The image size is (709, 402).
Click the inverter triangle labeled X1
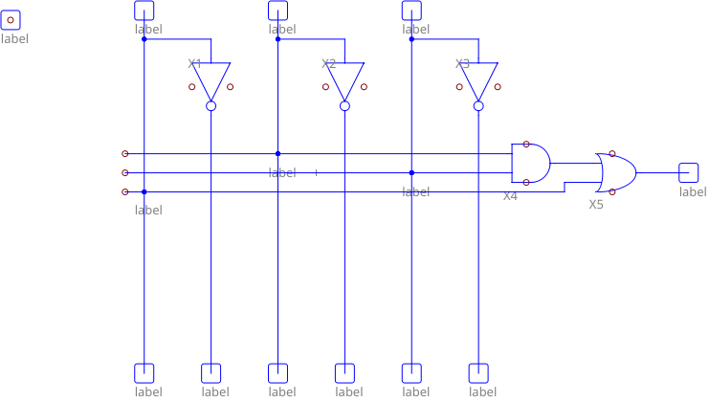tap(210, 79)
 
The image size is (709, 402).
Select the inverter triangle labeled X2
tap(344, 79)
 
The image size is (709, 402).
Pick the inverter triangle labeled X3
tap(478, 79)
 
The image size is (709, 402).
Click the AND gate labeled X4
tap(530, 163)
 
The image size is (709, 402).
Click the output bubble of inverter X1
tap(210, 105)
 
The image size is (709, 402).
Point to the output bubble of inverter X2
tap(344, 105)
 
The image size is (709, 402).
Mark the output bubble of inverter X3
tap(478, 105)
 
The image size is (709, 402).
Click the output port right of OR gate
tap(688, 172)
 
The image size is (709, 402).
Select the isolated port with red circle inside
tap(11, 19)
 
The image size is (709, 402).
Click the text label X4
tap(511, 195)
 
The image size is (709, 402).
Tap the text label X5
tap(596, 204)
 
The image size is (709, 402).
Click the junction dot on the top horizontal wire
tap(277, 153)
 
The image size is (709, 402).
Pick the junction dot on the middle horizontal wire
tap(411, 172)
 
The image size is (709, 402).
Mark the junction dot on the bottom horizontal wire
tap(144, 191)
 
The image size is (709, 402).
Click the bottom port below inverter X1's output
tap(210, 372)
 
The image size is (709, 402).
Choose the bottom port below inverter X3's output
tap(478, 372)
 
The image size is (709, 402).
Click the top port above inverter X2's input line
tap(277, 10)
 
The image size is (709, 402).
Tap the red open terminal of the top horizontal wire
tap(124, 153)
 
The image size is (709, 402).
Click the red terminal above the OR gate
tap(612, 153)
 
